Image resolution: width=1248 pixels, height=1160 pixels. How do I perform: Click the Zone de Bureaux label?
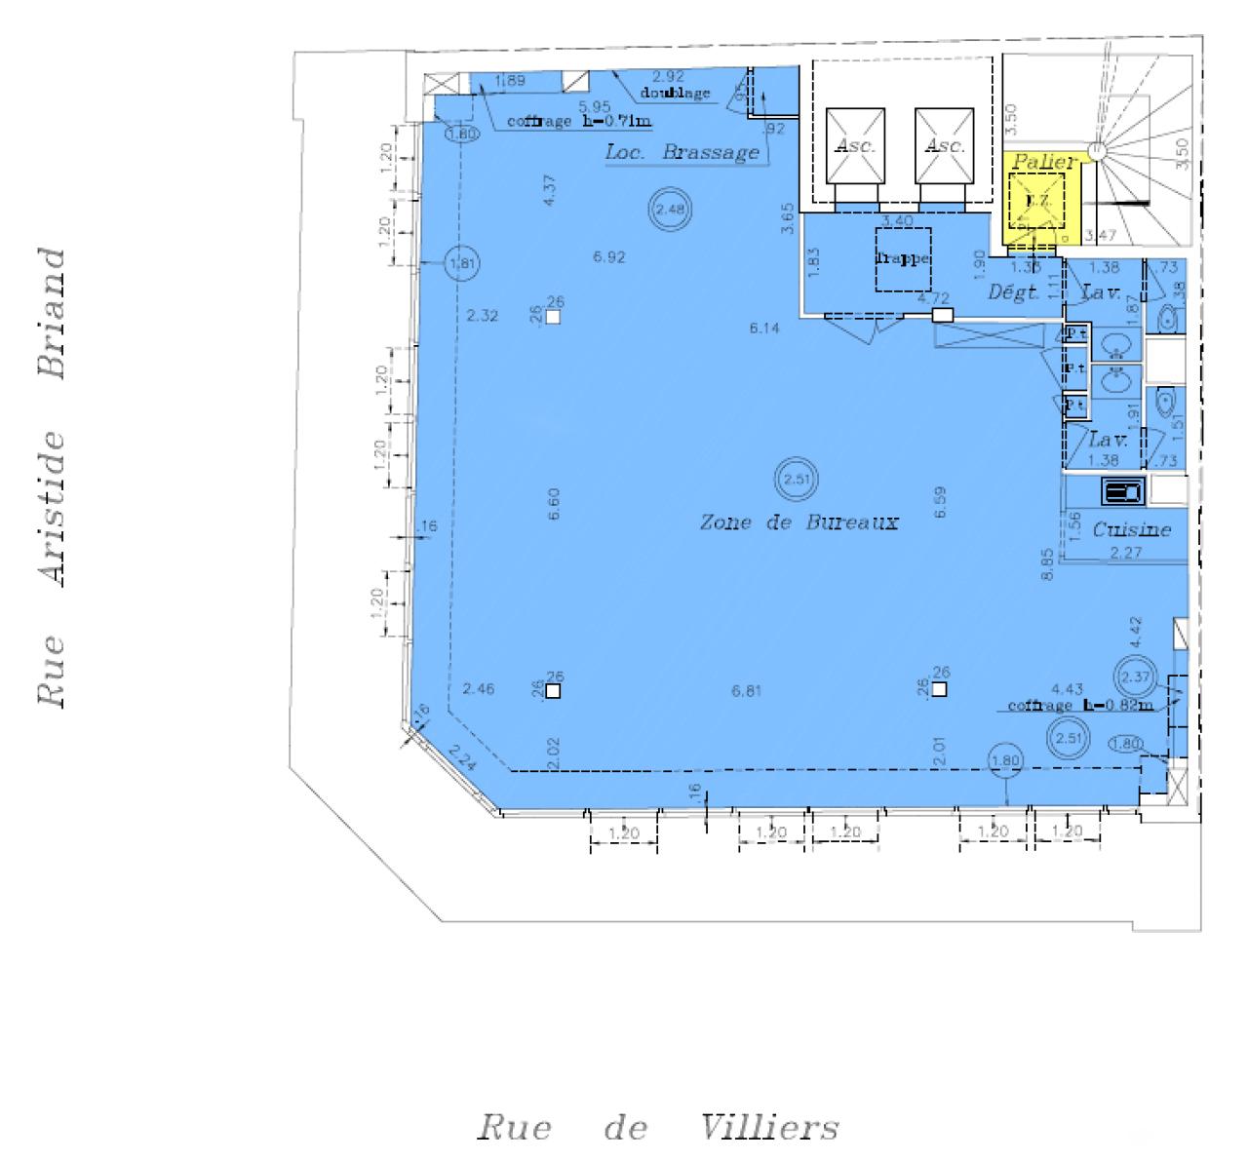[x=799, y=522]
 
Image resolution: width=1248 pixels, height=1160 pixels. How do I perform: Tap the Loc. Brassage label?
[x=682, y=152]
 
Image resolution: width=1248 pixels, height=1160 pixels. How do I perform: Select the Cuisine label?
[x=1131, y=530]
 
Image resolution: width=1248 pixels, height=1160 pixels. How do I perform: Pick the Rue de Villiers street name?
[x=657, y=1128]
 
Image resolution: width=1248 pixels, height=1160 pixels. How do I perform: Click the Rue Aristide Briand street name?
[x=53, y=477]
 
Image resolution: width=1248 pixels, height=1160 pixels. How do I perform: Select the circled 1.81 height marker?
[x=462, y=263]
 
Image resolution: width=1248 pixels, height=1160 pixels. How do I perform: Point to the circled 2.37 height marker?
[x=1136, y=677]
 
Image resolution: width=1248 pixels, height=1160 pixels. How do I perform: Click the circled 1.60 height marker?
[x=462, y=135]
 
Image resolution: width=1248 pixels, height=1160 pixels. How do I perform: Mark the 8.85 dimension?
[x=1047, y=563]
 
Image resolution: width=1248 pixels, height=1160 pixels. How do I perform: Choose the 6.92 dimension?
[x=609, y=257]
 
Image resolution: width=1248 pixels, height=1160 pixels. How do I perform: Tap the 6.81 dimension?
[x=746, y=691]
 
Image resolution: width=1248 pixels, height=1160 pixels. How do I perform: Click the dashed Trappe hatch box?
[x=903, y=259]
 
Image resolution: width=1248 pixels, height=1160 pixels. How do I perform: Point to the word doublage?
[x=675, y=94]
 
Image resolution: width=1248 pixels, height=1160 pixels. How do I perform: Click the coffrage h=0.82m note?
[x=1079, y=706]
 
